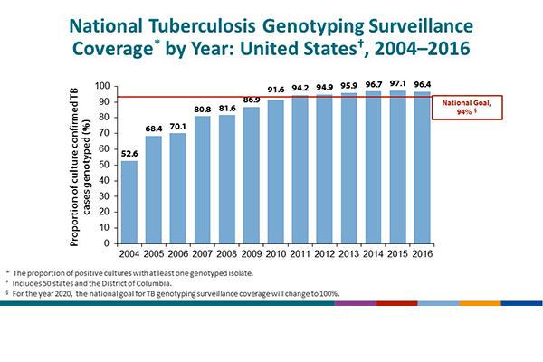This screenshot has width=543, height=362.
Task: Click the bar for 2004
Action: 129,202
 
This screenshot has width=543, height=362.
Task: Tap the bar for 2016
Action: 422,167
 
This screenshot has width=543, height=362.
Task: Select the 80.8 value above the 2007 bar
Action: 203,109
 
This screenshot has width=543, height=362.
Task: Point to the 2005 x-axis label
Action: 154,253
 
